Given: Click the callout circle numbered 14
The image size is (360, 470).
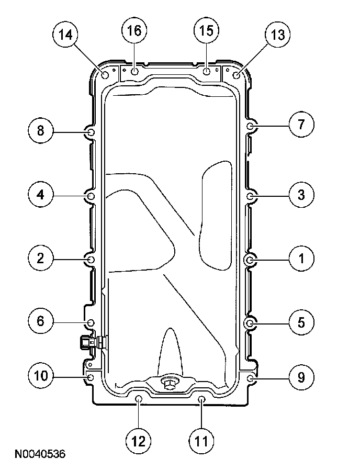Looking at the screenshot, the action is click(x=65, y=35).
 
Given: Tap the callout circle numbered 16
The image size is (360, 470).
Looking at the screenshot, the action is click(x=134, y=30).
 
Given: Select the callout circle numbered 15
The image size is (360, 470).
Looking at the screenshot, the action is click(x=206, y=30).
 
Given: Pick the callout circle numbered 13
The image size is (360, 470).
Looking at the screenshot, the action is click(x=277, y=35).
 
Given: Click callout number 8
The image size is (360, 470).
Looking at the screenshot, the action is click(x=40, y=131).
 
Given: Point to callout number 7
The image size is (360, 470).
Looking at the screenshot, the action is click(x=301, y=124).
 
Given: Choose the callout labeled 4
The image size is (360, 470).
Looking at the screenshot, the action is click(x=40, y=195).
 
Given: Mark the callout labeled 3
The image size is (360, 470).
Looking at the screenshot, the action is click(x=301, y=195).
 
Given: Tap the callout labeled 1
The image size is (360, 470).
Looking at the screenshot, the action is click(x=301, y=259).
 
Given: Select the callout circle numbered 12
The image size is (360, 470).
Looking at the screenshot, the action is click(x=138, y=441).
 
